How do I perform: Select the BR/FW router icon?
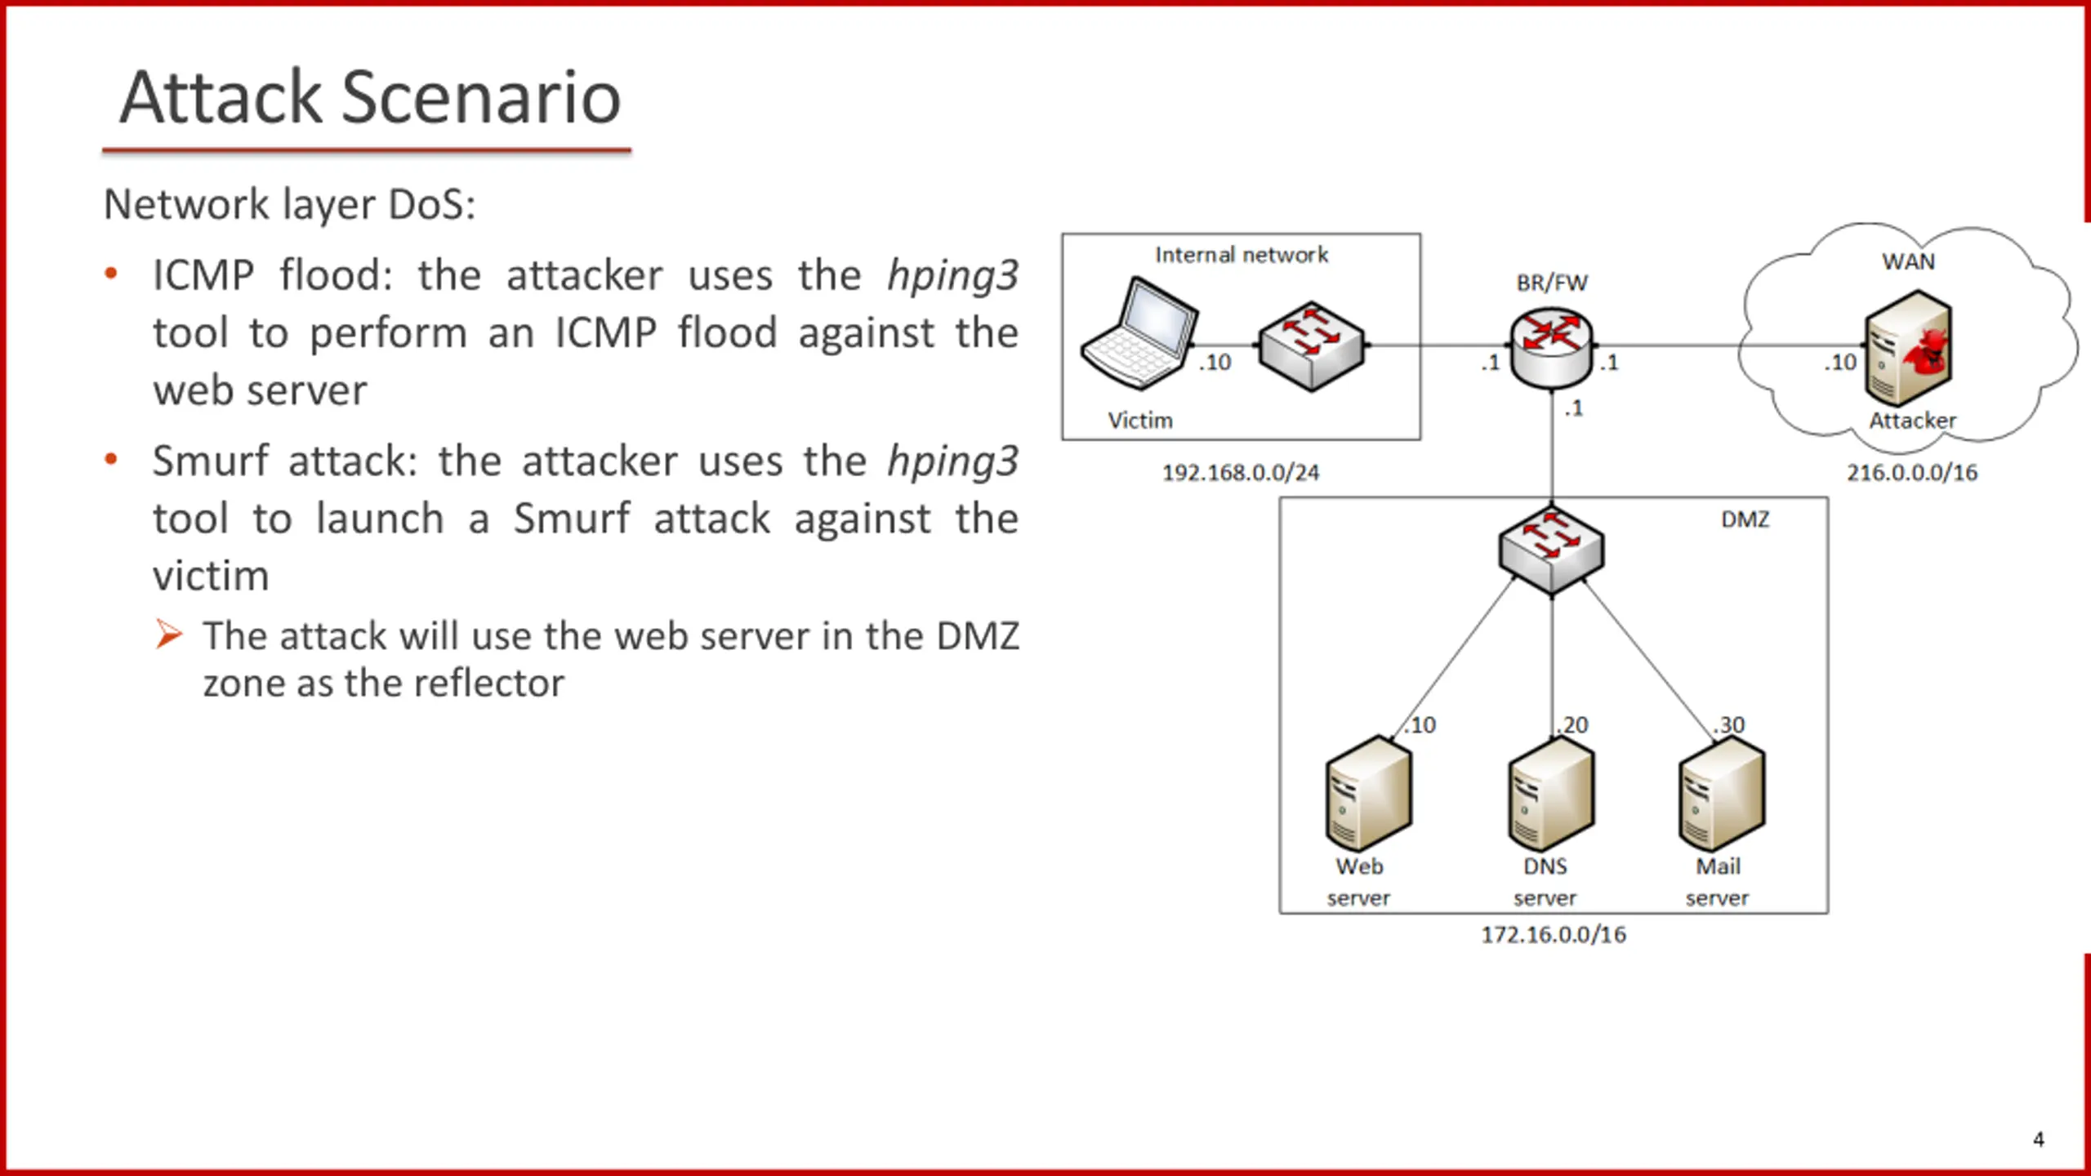1551,348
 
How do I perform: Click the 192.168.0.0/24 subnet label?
1241,473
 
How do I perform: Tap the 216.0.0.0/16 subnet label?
1912,473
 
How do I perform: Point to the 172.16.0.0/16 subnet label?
1554,934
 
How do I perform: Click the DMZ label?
1745,519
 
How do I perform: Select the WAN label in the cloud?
1908,261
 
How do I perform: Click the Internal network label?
1242,255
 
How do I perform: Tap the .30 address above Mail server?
1729,724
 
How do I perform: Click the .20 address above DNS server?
1572,724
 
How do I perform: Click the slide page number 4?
2038,1139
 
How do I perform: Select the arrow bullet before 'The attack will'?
168,635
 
